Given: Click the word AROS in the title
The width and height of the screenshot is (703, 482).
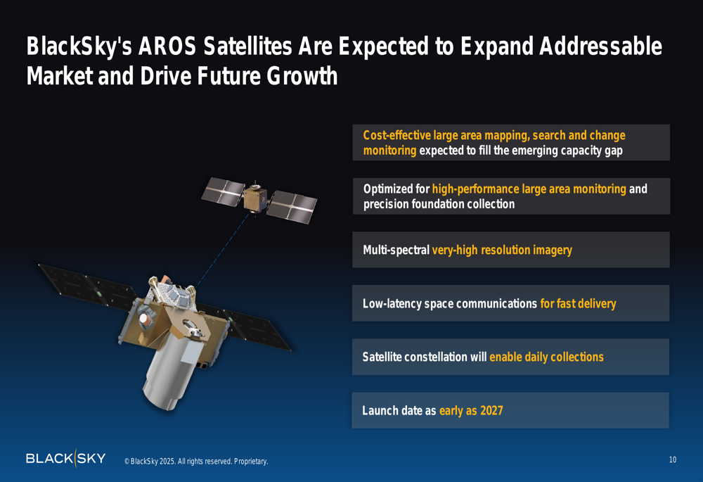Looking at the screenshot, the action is [x=167, y=46].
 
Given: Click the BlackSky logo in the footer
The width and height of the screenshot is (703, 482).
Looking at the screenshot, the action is [x=66, y=458].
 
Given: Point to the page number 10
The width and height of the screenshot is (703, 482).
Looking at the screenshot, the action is [x=673, y=459].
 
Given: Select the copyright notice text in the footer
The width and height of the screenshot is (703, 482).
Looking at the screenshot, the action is [x=196, y=462].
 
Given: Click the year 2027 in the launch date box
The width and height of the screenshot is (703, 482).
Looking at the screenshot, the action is [x=491, y=411].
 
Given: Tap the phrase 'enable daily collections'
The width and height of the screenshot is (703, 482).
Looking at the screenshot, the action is [x=546, y=357].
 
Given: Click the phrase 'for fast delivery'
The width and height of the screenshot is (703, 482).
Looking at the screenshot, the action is [x=579, y=304].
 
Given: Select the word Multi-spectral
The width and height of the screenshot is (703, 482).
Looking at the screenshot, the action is [x=396, y=250].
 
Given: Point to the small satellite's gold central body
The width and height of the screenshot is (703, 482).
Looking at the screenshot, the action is [x=254, y=198].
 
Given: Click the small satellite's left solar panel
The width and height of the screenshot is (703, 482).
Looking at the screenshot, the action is [x=224, y=191].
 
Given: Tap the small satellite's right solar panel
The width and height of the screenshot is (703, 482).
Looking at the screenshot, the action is [x=292, y=206].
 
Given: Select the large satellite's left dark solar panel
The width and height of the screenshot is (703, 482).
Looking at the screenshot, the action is [x=87, y=286].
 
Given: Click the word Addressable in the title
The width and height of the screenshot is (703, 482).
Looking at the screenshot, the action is [x=601, y=46].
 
